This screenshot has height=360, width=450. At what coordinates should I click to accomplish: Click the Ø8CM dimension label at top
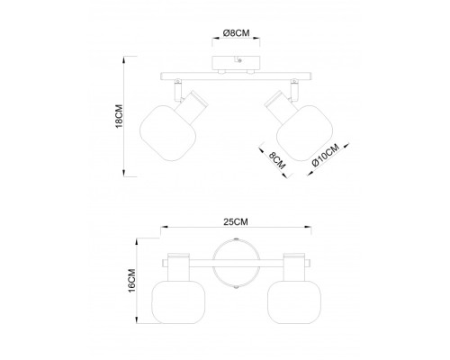236,32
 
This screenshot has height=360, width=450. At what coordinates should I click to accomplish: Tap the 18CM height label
120,116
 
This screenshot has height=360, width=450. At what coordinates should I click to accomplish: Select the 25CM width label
236,221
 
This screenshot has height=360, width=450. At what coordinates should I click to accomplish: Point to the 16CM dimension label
131,281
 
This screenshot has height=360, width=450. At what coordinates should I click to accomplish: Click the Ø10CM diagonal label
326,155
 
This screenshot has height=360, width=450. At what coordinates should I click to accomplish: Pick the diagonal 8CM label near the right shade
276,160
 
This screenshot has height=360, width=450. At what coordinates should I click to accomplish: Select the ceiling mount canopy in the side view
236,63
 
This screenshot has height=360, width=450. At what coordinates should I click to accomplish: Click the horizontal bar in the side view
236,76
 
